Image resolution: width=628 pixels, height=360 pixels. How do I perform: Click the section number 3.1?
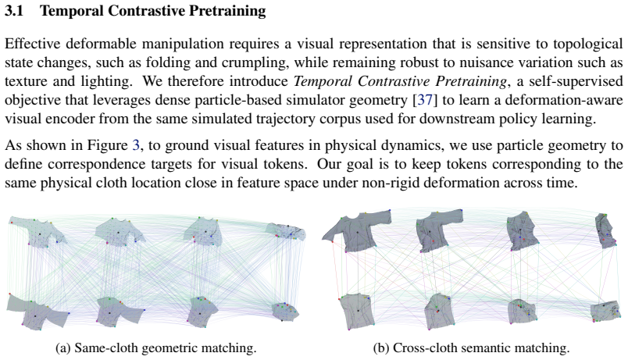pyautogui.click(x=13, y=11)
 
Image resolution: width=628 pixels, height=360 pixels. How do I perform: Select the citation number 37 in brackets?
pyautogui.click(x=425, y=100)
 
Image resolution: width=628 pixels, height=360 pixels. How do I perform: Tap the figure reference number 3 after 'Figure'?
pyautogui.click(x=136, y=145)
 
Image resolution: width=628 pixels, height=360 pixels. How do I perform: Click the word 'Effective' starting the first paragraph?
pyautogui.click(x=33, y=44)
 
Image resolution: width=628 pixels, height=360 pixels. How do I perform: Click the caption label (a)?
pyautogui.click(x=63, y=348)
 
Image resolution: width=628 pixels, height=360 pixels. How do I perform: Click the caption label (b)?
pyautogui.click(x=381, y=348)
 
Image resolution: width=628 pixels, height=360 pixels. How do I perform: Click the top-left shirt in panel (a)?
pyautogui.click(x=38, y=233)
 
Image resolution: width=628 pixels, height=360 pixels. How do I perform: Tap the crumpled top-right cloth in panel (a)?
pyautogui.click(x=286, y=232)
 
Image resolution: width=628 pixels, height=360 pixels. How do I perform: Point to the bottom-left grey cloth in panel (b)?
pyautogui.click(x=357, y=311)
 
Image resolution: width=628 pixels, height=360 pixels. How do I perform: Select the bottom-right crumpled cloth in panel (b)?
pyautogui.click(x=606, y=311)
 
